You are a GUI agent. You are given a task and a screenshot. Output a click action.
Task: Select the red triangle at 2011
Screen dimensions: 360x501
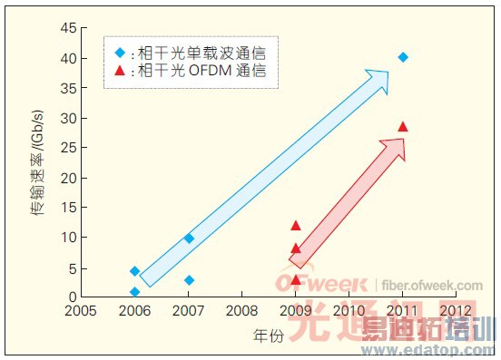pyautogui.click(x=402, y=127)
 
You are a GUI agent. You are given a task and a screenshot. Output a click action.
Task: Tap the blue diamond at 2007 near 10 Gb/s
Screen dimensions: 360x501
pyautogui.click(x=189, y=238)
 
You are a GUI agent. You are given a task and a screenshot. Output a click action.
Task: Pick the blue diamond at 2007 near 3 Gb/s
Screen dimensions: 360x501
pyautogui.click(x=189, y=280)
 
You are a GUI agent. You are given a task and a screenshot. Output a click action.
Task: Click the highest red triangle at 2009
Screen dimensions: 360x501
pyautogui.click(x=296, y=226)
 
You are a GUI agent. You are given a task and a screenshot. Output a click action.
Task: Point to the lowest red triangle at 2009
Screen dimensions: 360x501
pyautogui.click(x=296, y=279)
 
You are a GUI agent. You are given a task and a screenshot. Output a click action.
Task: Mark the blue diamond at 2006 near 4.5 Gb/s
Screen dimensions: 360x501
pyautogui.click(x=135, y=271)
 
